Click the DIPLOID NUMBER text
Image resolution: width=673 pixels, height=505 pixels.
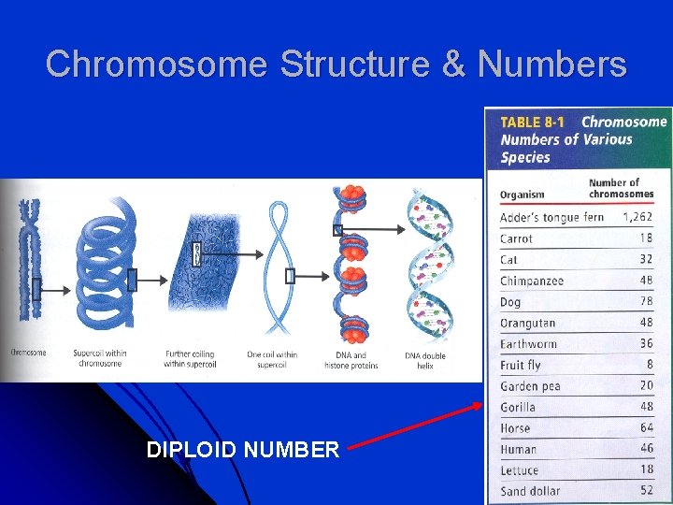click(243, 450)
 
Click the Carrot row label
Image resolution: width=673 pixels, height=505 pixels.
click(516, 238)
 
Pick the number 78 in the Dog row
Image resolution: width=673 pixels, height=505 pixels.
click(646, 302)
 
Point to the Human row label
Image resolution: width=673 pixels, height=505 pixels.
click(519, 449)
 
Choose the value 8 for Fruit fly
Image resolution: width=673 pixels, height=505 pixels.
click(649, 365)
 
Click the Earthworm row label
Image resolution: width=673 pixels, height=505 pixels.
click(528, 344)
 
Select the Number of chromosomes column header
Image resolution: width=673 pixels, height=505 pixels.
click(621, 188)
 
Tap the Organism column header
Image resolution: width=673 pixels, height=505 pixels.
click(523, 195)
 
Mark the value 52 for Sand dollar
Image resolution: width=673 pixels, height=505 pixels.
click(646, 490)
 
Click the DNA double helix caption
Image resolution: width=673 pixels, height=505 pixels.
click(425, 360)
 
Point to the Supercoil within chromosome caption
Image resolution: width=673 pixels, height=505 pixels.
click(99, 358)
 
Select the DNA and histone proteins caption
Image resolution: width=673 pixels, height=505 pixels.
click(351, 360)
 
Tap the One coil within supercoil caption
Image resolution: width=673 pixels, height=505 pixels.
click(272, 359)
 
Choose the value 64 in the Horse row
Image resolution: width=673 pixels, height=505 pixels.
click(646, 427)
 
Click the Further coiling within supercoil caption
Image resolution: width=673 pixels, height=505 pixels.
click(190, 359)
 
